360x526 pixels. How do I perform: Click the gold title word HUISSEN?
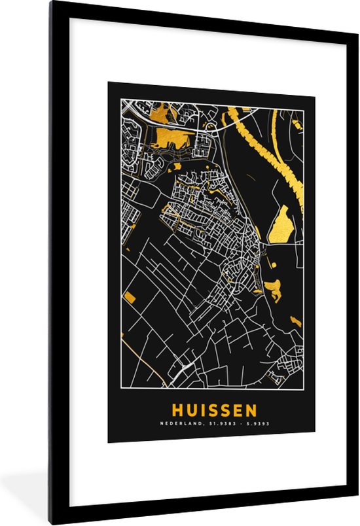coord(214,411)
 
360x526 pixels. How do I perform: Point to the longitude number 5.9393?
coord(253,424)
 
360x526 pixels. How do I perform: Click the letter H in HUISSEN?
coord(177,411)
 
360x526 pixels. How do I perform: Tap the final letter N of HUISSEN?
coord(251,411)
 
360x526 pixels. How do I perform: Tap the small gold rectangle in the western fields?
coord(130,298)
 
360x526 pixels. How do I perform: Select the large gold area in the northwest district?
coord(173,137)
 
